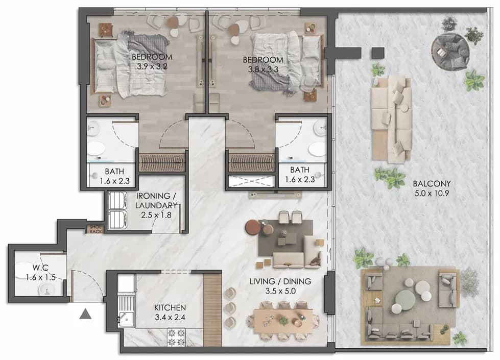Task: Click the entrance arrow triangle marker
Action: [x=85, y=314]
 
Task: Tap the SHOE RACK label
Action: [x=96, y=229]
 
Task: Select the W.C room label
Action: [x=40, y=267]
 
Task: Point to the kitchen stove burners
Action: [x=176, y=338]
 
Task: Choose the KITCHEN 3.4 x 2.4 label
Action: [x=170, y=313]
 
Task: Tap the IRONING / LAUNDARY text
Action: [x=156, y=201]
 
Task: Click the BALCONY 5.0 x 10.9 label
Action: [x=432, y=188]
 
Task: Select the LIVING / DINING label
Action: [x=280, y=281]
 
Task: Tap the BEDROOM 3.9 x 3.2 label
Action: [x=152, y=62]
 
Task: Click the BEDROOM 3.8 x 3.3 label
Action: [x=263, y=64]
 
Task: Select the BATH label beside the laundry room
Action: [x=114, y=172]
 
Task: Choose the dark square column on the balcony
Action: [x=378, y=53]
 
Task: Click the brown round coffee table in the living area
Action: [x=252, y=227]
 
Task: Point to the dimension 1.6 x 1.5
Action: [x=40, y=277]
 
